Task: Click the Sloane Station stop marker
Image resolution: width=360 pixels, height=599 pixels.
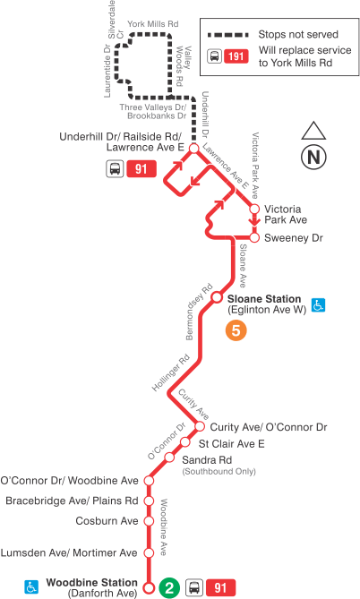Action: (x=216, y=299)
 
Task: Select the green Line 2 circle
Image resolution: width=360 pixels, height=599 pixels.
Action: (x=167, y=588)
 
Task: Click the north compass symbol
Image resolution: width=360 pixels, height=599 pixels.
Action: (x=313, y=156)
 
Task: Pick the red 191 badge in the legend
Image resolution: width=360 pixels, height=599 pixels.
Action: (x=236, y=56)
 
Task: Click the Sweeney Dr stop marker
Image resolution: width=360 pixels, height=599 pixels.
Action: (x=254, y=238)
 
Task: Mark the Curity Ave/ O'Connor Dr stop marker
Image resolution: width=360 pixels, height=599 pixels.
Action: (x=200, y=427)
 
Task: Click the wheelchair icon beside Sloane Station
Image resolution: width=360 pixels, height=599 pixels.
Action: (x=318, y=304)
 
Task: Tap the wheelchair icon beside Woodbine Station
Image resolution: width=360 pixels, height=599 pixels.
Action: (x=31, y=586)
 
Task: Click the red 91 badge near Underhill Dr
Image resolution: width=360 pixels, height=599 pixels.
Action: (x=140, y=168)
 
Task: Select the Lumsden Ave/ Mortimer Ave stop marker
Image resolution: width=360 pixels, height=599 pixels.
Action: (x=150, y=552)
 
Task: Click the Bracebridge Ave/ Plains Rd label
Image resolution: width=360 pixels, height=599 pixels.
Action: (x=72, y=501)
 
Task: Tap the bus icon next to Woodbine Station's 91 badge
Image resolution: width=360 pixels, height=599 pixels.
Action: (x=193, y=588)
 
